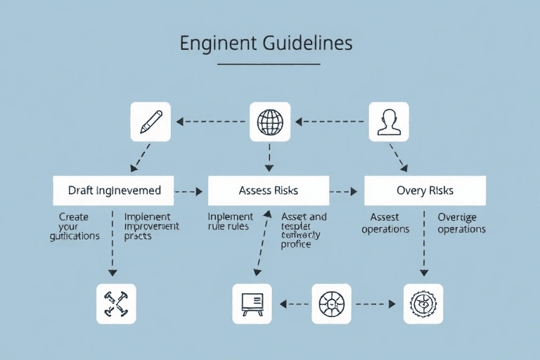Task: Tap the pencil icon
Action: [x=150, y=122]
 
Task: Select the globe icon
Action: [x=270, y=122]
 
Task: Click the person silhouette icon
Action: [x=389, y=122]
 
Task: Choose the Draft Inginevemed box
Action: [x=114, y=191]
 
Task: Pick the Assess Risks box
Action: [x=268, y=191]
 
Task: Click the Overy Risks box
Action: [x=425, y=191]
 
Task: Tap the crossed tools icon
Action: [x=115, y=304]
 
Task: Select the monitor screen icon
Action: [x=252, y=304]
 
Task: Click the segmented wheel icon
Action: [x=331, y=304]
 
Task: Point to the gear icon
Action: [x=423, y=304]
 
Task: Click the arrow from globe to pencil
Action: [x=211, y=122]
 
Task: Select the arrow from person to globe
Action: [x=330, y=122]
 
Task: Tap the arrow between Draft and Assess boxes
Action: [x=188, y=191]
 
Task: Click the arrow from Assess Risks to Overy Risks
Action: [x=345, y=191]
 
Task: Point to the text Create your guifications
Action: [x=75, y=226]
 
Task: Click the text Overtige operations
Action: [x=461, y=223]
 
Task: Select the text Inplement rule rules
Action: [x=230, y=221]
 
